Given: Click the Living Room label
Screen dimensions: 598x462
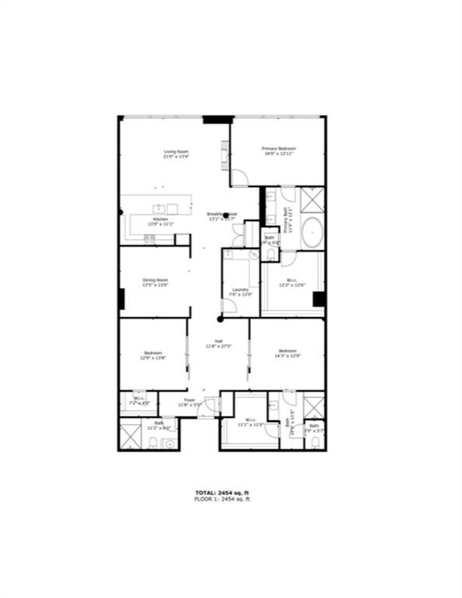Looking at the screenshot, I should pyautogui.click(x=176, y=152).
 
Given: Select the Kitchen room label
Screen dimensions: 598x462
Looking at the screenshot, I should pyautogui.click(x=160, y=220).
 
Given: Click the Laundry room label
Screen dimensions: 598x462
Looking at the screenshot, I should pyautogui.click(x=241, y=290).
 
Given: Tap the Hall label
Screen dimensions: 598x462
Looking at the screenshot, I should pyautogui.click(x=220, y=342).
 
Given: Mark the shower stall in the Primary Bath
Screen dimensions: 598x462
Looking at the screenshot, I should pyautogui.click(x=312, y=199).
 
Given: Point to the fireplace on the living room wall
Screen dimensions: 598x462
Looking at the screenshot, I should pyautogui.click(x=225, y=155).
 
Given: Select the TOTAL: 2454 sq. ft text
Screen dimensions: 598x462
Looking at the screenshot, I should pyautogui.click(x=222, y=493).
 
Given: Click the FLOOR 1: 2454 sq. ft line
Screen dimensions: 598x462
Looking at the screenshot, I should pyautogui.click(x=222, y=499).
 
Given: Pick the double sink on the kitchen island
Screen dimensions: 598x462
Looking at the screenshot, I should pyautogui.click(x=166, y=209).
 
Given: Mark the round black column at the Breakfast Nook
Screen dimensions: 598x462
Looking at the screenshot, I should pyautogui.click(x=226, y=215).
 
